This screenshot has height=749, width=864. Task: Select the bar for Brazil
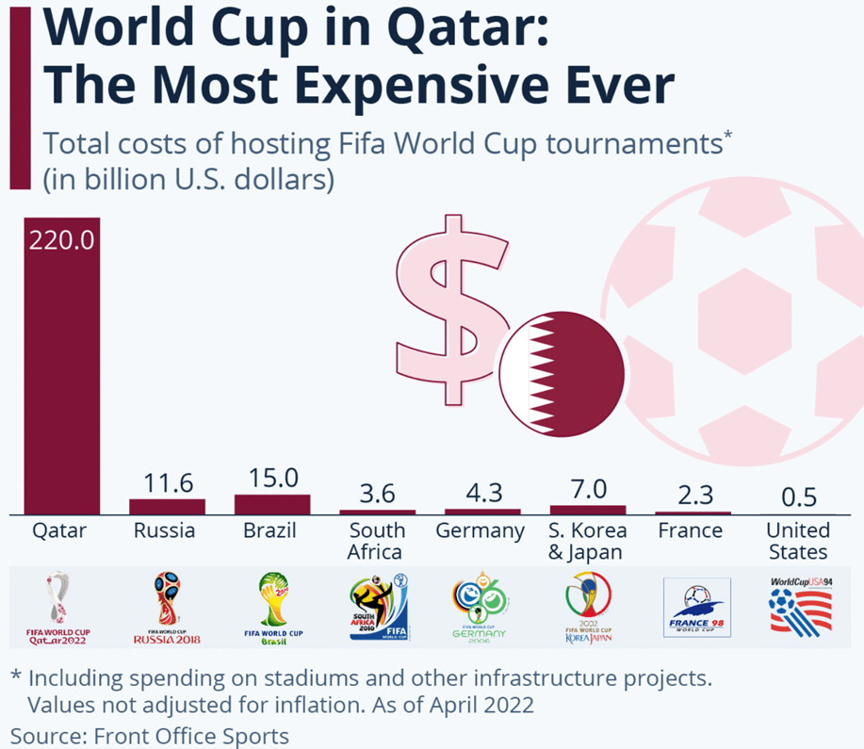pos(272,504)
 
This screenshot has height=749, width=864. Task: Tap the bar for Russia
pos(167,507)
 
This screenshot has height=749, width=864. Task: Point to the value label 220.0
pos(62,240)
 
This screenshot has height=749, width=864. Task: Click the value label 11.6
pos(167,483)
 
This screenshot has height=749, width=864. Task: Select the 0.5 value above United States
pos(798,497)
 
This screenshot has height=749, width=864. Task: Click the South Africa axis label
pos(376,541)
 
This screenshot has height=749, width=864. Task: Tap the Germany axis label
pos(480,530)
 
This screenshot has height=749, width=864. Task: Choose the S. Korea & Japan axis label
pos(587,541)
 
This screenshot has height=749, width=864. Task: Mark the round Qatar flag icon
pos(562,372)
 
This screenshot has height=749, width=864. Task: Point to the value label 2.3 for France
pos(695,495)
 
